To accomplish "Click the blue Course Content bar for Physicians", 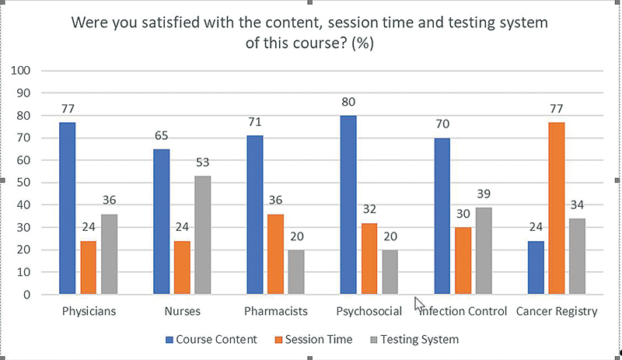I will pyautogui.click(x=68, y=208).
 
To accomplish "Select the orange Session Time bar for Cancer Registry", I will pyautogui.click(x=556, y=208).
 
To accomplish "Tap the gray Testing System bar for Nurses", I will pyautogui.click(x=202, y=236).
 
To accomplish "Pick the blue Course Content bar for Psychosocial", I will pyautogui.click(x=348, y=205).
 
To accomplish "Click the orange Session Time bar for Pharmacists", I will pyautogui.click(x=275, y=254).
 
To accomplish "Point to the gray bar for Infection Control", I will pyautogui.click(x=484, y=251).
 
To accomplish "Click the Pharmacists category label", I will pyautogui.click(x=275, y=312).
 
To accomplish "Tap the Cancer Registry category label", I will pyautogui.click(x=556, y=312).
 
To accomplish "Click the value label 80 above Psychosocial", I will pyautogui.click(x=348, y=102).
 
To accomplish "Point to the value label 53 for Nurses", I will pyautogui.click(x=202, y=163).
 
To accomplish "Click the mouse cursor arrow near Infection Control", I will pyautogui.click(x=419, y=303).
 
